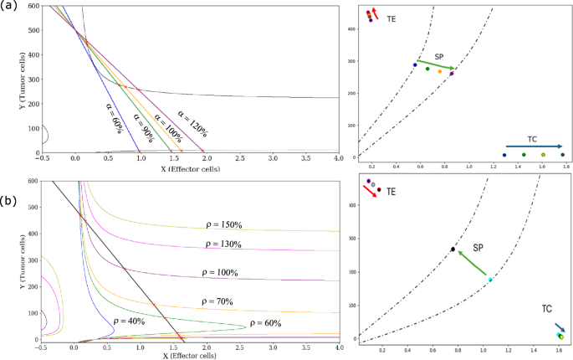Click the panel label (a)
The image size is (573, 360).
(x=8, y=8)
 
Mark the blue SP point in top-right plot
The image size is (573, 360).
(x=414, y=64)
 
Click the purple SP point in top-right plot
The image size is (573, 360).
(x=452, y=74)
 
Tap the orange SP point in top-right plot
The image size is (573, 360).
(x=440, y=71)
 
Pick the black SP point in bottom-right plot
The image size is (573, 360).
(x=453, y=249)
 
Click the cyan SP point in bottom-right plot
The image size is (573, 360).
(x=490, y=280)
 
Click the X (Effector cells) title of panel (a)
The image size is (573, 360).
(x=190, y=170)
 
